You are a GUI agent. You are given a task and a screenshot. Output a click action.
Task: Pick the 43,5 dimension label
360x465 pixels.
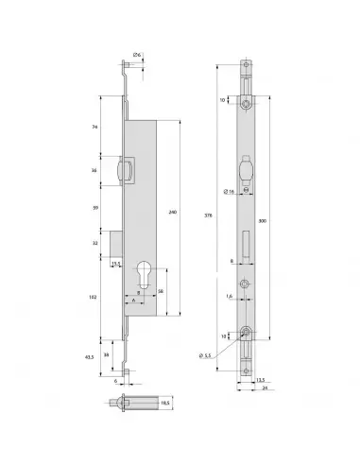92,358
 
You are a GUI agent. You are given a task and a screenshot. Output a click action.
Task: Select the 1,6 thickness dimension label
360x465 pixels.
230,297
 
